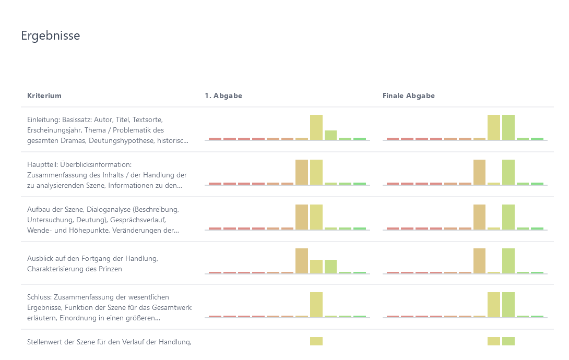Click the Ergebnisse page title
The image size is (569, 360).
51,35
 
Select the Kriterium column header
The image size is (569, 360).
44,95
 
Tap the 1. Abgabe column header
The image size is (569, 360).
223,95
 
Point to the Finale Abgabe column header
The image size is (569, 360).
409,95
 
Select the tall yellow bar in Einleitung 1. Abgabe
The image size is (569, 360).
316,127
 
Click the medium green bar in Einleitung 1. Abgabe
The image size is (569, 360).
330,135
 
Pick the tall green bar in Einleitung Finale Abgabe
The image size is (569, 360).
508,127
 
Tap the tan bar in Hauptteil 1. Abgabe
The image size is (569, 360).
302,172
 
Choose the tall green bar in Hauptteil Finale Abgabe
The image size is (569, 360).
508,172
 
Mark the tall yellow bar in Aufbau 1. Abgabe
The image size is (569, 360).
316,217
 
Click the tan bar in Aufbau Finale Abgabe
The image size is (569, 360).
480,217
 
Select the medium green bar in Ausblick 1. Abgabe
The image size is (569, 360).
330,266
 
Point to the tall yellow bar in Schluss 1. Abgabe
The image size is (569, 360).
316,305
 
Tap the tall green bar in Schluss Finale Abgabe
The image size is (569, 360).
508,305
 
